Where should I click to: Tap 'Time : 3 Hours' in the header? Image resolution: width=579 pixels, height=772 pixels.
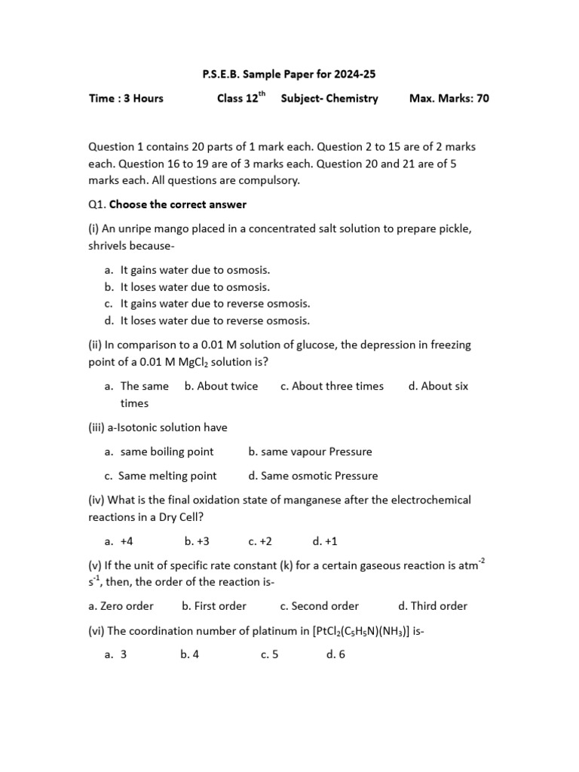(x=126, y=99)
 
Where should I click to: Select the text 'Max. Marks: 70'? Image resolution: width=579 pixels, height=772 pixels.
(x=449, y=99)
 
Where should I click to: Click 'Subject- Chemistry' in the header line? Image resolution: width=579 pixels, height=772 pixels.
(x=329, y=99)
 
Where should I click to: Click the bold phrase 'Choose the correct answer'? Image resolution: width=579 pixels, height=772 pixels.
(x=178, y=204)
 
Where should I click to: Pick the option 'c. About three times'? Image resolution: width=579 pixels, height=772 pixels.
(x=332, y=386)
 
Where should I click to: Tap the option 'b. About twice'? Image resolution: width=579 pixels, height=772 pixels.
(x=221, y=386)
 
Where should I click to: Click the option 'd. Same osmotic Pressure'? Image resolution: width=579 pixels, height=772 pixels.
(x=313, y=476)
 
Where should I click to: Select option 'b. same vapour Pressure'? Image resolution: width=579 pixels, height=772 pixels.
(x=310, y=452)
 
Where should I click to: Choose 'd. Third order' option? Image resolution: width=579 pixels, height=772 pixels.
(x=433, y=605)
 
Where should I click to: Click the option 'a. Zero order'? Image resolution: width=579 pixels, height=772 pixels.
(x=121, y=605)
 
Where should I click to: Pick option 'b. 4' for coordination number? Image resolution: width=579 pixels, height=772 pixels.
(x=189, y=654)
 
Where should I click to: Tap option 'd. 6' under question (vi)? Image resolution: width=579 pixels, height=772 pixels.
(x=335, y=654)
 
